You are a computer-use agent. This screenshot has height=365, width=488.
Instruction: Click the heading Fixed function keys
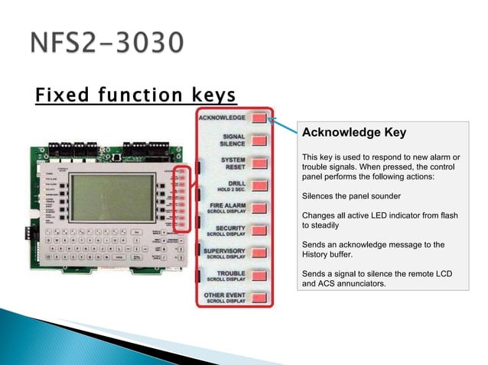click(135, 96)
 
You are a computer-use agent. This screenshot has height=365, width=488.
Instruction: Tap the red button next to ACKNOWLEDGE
click(259, 118)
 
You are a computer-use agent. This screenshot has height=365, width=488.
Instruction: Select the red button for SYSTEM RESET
click(259, 163)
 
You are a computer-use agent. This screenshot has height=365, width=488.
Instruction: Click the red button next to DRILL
click(259, 186)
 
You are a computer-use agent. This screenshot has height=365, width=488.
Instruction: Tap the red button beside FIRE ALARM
click(259, 208)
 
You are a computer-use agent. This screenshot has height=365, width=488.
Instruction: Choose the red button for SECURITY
click(259, 230)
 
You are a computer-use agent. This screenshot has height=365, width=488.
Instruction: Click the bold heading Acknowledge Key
click(354, 133)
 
